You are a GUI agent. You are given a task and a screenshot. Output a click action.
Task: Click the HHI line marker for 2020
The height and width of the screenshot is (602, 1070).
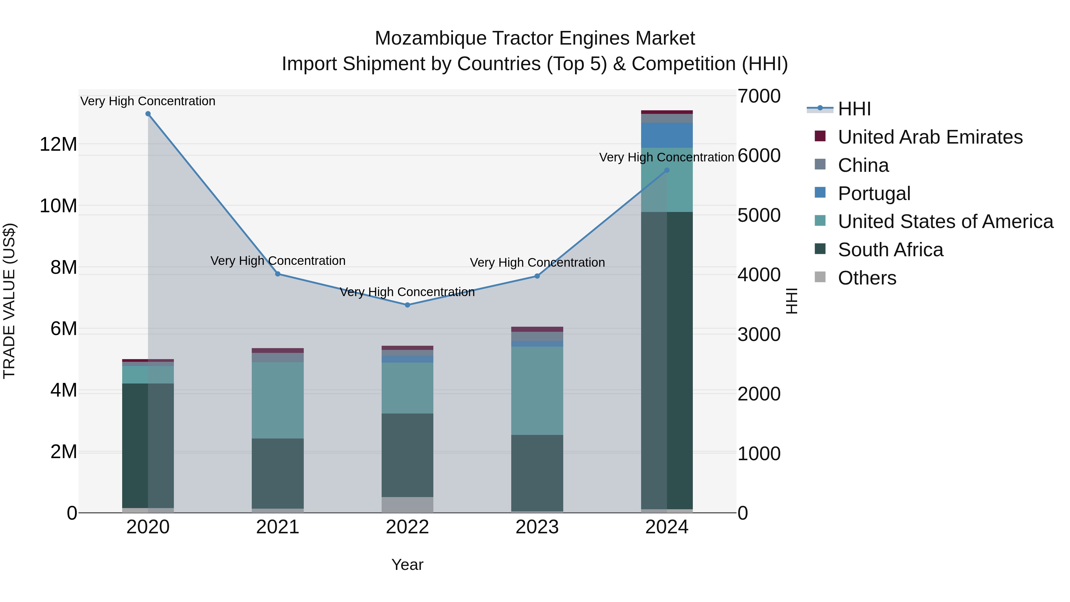pos(148,114)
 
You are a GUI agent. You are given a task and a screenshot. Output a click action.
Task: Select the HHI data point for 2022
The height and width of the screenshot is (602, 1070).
pos(407,305)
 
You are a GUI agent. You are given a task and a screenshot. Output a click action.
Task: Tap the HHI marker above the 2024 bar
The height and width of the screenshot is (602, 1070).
pos(667,170)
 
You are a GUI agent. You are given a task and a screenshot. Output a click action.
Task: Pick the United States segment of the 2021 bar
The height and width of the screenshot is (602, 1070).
pos(278,400)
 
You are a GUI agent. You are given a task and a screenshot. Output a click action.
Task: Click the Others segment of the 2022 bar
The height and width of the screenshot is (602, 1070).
pos(407,505)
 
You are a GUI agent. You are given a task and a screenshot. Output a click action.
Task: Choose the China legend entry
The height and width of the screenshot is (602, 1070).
pos(863,165)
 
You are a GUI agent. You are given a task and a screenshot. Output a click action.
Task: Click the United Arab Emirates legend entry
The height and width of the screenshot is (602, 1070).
pos(930,137)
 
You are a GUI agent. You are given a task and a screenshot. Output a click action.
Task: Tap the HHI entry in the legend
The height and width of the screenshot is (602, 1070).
pos(854,109)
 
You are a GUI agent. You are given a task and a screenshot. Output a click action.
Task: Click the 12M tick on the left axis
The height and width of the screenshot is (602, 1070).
pos(58,144)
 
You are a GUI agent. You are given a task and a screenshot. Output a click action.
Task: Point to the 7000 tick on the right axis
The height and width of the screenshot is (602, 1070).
pos(759,96)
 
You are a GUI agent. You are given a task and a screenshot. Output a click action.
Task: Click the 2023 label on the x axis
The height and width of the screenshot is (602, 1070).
pos(537,527)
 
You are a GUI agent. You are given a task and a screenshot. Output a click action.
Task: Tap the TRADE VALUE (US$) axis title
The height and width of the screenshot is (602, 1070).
pos(9,301)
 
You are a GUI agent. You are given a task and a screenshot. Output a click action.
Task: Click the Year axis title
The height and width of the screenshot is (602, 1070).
pos(407,565)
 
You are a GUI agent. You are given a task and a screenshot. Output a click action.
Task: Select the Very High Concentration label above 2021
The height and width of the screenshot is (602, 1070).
pos(278,261)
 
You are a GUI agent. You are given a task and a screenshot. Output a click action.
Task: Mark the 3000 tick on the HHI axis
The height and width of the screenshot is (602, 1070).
pos(759,334)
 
